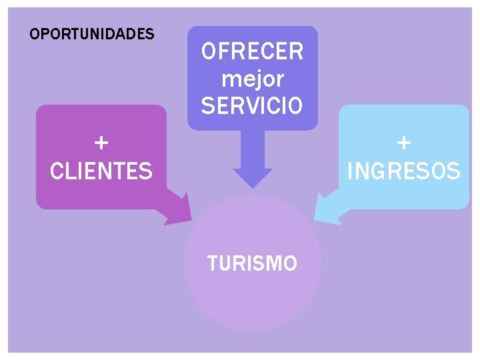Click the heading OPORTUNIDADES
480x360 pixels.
tap(92, 33)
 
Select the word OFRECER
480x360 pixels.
tap(252, 51)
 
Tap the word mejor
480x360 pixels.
tap(252, 79)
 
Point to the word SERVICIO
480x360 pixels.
tap(252, 105)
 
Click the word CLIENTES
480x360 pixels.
tap(101, 171)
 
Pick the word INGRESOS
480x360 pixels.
tap(404, 171)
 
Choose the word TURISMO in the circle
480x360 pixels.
tap(252, 264)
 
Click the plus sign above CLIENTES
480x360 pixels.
tap(101, 143)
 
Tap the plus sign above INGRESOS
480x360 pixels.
tap(404, 143)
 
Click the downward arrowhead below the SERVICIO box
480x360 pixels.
tap(252, 178)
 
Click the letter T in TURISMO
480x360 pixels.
tap(213, 264)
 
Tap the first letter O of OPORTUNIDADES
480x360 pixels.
tap(35, 33)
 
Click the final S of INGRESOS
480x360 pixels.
tap(453, 171)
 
